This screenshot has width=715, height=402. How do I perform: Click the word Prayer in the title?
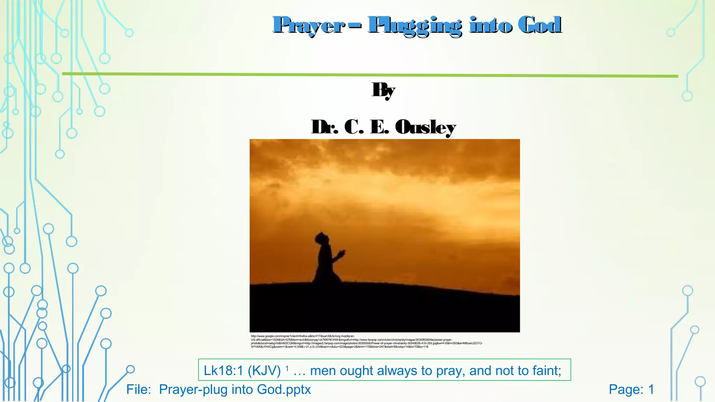tap(309, 25)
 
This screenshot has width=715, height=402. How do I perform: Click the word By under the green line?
tap(383, 90)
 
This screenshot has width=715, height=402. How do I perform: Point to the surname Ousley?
tap(425, 127)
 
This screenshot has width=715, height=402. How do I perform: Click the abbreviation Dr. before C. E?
tap(325, 127)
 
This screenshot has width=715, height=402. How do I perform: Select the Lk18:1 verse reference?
tap(223, 371)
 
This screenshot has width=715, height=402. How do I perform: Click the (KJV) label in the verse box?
tap(264, 371)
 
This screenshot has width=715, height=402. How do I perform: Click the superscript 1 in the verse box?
tap(287, 368)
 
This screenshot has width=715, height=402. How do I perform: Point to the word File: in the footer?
tap(139, 389)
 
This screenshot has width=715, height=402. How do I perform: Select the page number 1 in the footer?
tap(651, 389)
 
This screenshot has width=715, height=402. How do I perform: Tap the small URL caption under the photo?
tap(367, 342)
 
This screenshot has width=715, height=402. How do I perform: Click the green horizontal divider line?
tap(370, 75)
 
